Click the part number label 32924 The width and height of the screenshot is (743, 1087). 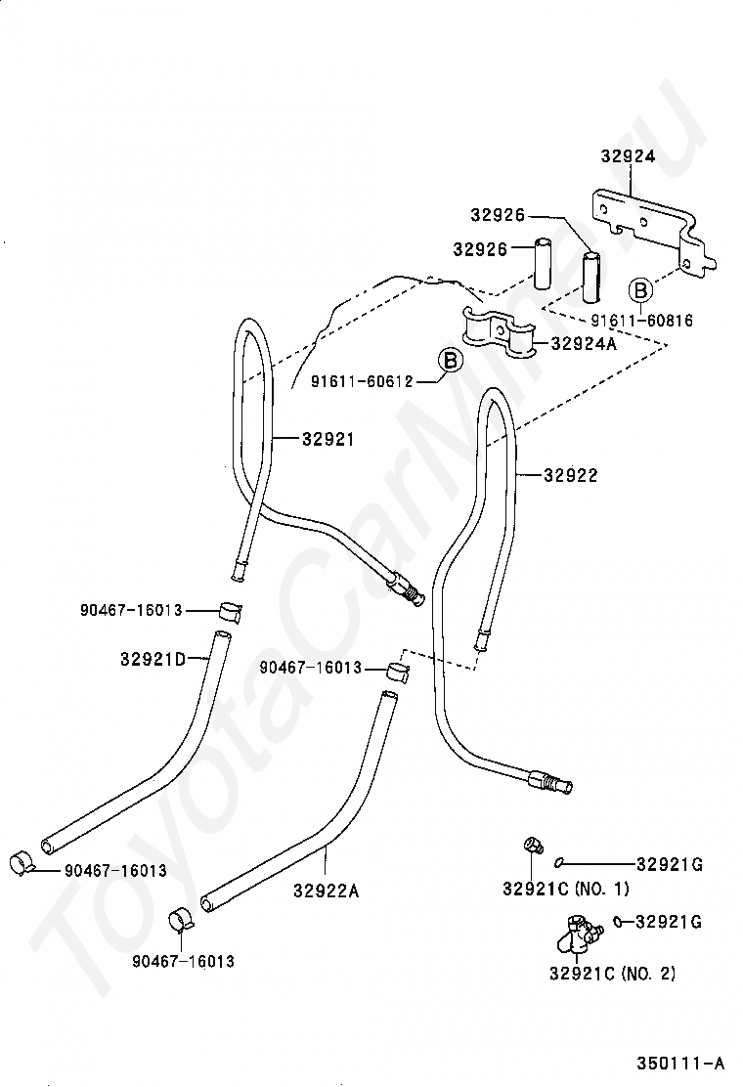[x=628, y=156]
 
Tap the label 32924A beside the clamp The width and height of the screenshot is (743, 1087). [x=583, y=343]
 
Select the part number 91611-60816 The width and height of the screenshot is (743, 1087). [x=641, y=320]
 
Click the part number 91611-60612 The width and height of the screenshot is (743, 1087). [x=361, y=380]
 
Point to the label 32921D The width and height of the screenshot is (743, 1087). [x=153, y=659]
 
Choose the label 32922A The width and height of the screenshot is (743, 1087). [x=326, y=891]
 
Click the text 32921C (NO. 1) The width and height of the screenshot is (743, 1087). [x=566, y=888]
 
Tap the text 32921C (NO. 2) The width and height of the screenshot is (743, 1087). [x=612, y=973]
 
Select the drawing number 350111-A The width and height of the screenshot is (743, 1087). [x=680, y=1063]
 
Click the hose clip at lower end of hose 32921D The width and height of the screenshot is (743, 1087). [x=22, y=864]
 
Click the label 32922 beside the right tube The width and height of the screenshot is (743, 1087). [x=570, y=475]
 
